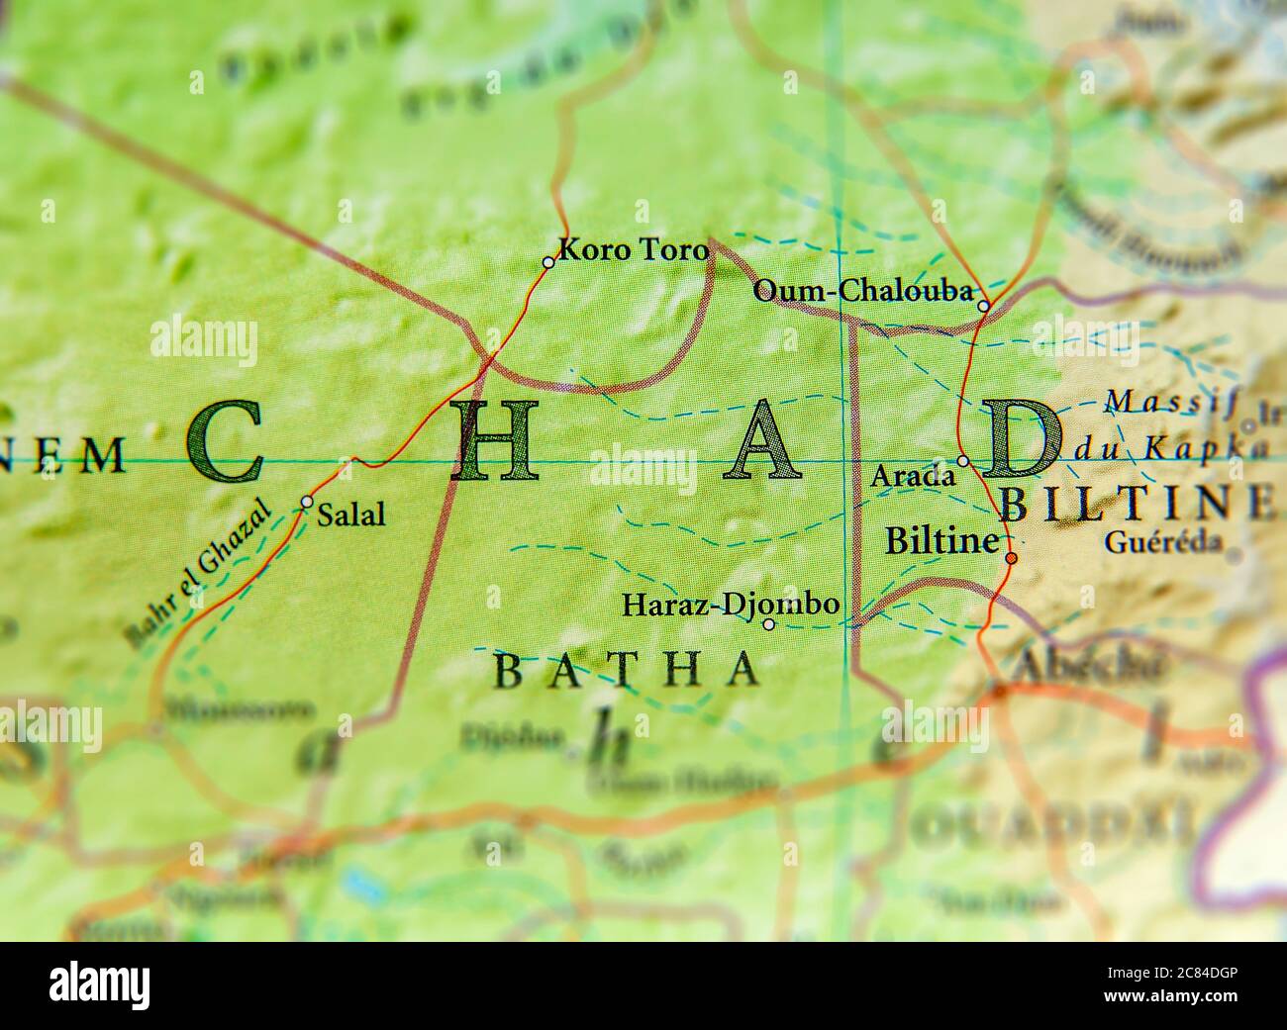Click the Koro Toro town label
point(634,250)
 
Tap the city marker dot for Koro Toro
point(548,262)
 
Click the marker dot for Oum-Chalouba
point(983,306)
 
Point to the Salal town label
point(352,515)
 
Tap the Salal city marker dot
point(307,502)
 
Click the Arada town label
point(912,477)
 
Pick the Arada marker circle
point(963,461)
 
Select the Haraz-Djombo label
point(731,604)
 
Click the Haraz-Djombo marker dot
point(769,623)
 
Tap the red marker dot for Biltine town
point(1011,559)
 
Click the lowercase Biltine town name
point(940,541)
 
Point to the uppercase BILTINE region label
point(1137,504)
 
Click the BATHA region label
point(627,670)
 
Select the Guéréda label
point(1163,542)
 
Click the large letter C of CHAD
point(226,441)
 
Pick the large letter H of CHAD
point(495,441)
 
